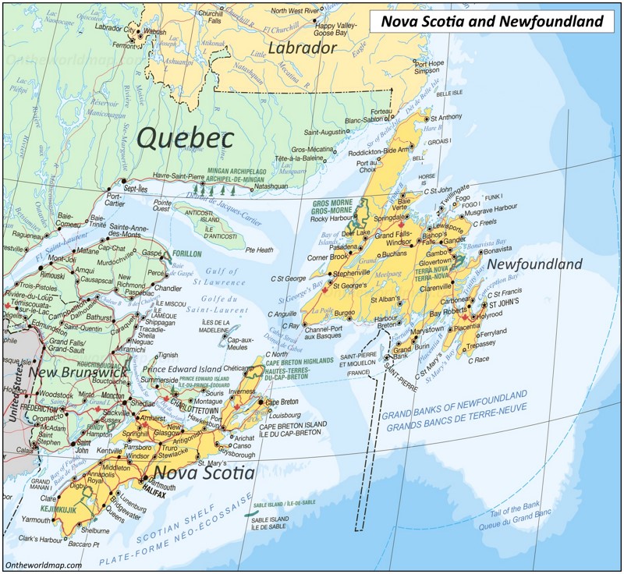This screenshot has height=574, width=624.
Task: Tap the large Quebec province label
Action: [x=186, y=138]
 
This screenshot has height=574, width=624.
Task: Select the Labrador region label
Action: [x=302, y=48]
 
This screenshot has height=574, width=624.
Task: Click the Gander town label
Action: [x=454, y=240]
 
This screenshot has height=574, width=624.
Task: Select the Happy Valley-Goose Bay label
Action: [x=335, y=30]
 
